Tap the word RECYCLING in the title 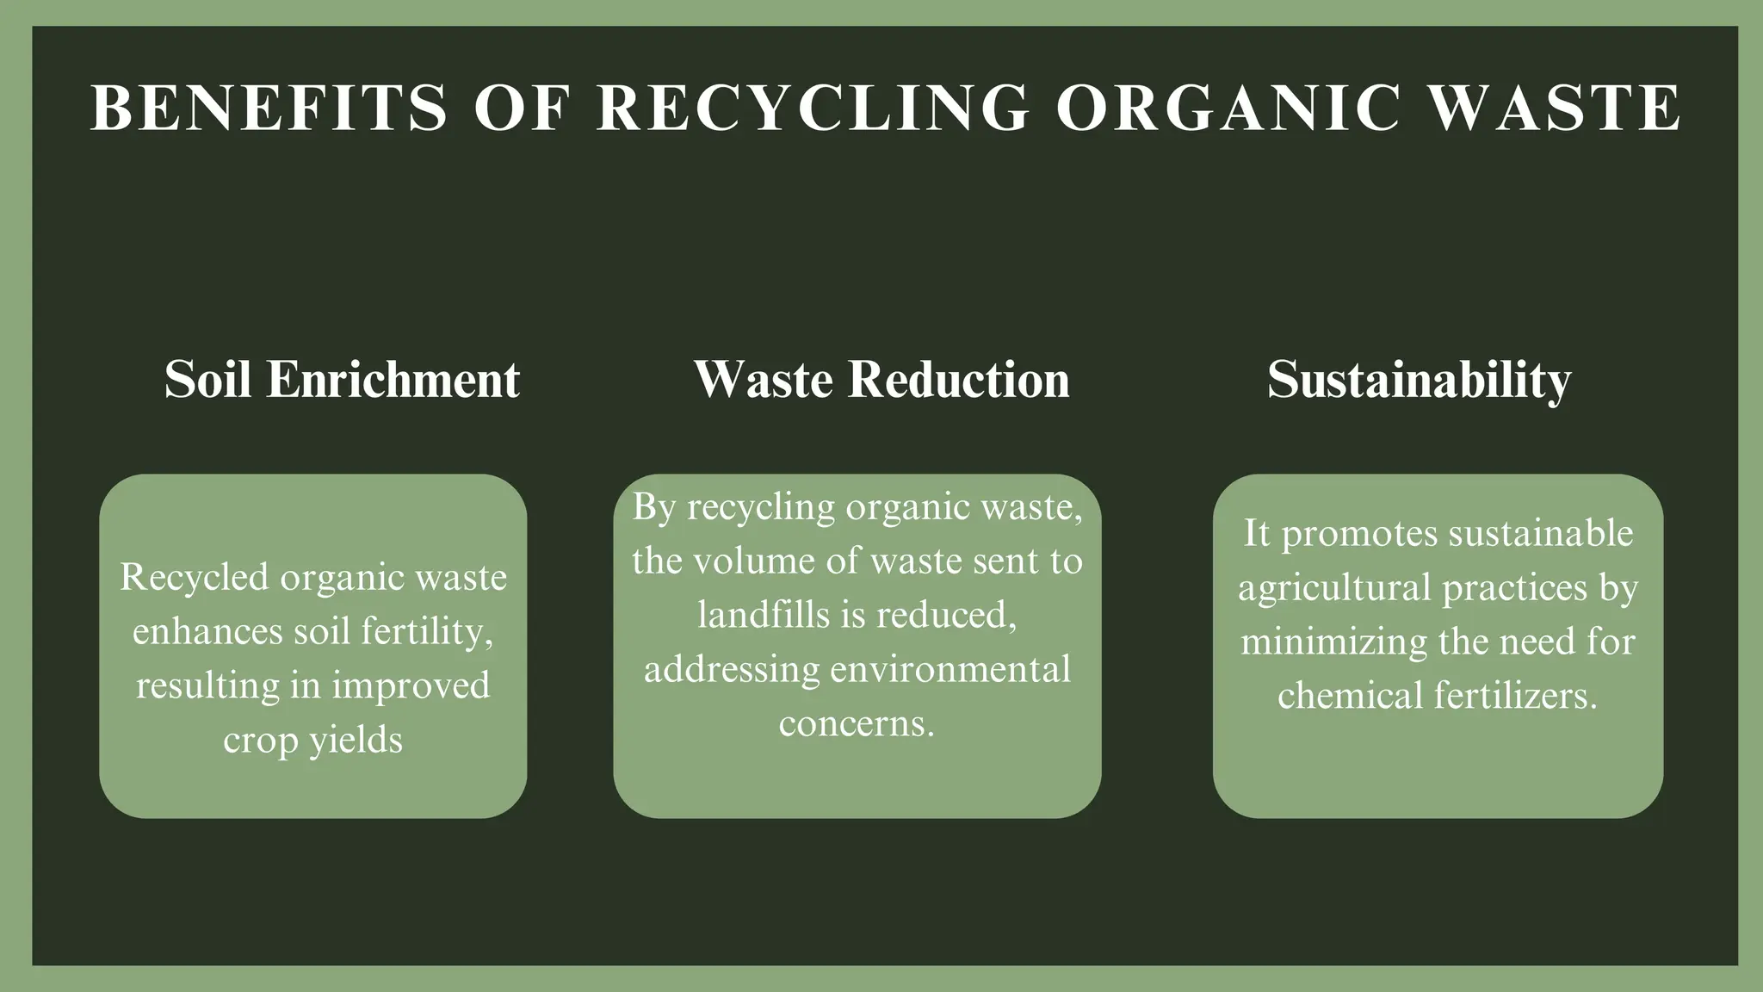click(813, 108)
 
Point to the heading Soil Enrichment click(342, 379)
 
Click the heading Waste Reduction click(881, 379)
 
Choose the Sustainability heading click(1419, 379)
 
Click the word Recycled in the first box click(195, 577)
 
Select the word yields click(356, 740)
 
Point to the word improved click(411, 685)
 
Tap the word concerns click(857, 723)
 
